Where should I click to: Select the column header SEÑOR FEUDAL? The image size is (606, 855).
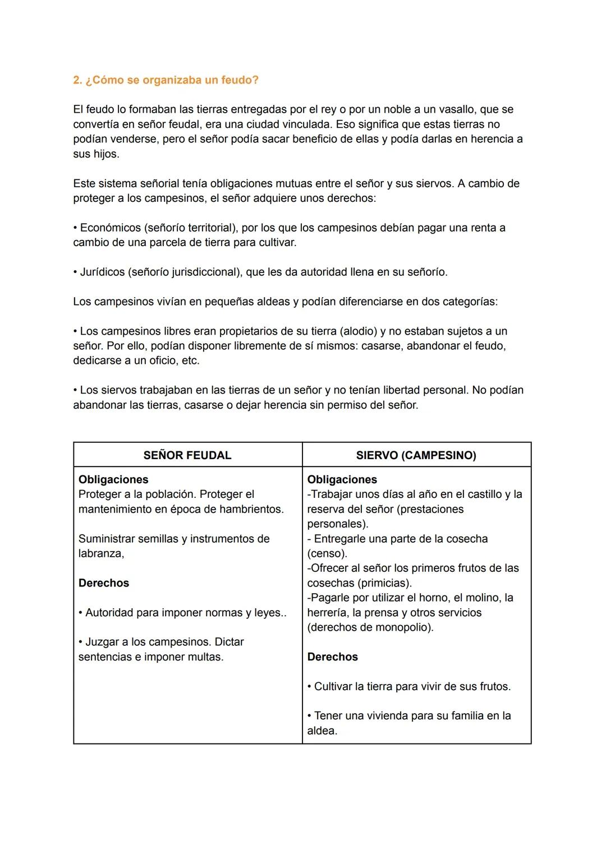(187, 455)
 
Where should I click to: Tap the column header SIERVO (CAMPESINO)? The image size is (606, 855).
(416, 455)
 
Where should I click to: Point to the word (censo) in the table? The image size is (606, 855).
(327, 553)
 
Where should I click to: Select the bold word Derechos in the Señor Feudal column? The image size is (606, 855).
(104, 583)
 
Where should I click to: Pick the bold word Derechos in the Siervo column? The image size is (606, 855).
(333, 657)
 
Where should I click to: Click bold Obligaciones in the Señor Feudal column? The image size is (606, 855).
(113, 480)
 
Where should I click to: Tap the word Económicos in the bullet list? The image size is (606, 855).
(111, 228)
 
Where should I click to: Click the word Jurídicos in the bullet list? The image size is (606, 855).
(103, 272)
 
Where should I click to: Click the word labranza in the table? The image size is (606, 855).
(100, 553)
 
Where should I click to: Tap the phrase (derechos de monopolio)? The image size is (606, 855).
(370, 627)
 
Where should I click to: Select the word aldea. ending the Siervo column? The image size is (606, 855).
(322, 731)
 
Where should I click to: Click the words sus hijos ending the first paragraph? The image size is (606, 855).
(96, 154)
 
